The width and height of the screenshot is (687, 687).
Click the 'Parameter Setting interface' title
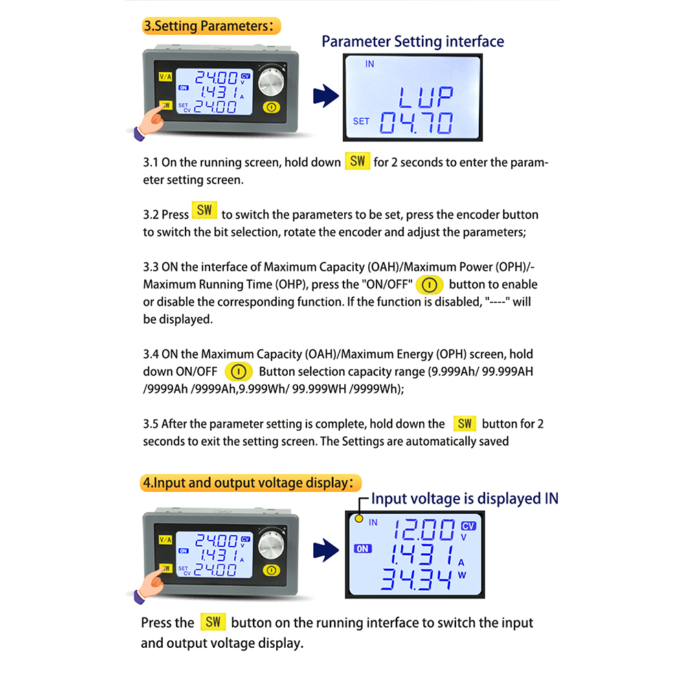coord(413,41)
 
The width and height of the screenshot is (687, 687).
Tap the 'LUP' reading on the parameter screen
coord(426,97)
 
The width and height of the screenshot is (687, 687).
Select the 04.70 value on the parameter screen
coord(416,123)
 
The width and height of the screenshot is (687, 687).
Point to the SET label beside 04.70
coord(361,121)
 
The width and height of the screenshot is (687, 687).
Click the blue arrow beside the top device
coord(326,96)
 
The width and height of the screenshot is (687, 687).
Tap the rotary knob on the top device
coord(271,81)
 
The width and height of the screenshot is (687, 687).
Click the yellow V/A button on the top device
coord(166,77)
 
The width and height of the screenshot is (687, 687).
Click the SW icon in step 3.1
coord(357,161)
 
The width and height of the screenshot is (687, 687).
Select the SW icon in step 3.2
coord(204,210)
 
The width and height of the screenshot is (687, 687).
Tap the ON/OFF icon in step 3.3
coord(429,285)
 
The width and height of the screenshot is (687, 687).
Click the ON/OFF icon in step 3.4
coord(238,372)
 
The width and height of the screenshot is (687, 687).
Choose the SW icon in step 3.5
coord(464,424)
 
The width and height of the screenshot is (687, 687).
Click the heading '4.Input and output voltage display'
coord(251,483)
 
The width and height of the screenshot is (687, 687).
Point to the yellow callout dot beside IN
coord(359,519)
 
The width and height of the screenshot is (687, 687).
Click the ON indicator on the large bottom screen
coord(363,548)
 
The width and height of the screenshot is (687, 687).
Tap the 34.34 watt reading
coord(416,579)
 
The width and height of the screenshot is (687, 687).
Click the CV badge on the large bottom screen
coord(469,526)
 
